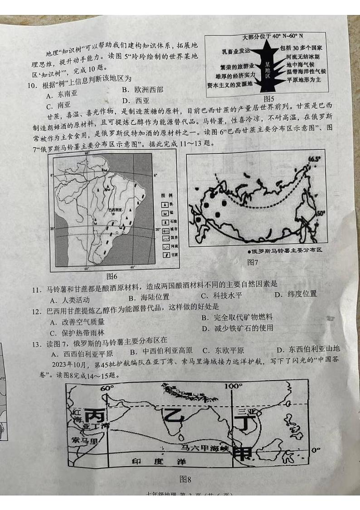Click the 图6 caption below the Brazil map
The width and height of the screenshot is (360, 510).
point(112,276)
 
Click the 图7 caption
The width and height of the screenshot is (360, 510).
point(253,262)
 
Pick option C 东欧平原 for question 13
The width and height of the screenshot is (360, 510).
point(223,350)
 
